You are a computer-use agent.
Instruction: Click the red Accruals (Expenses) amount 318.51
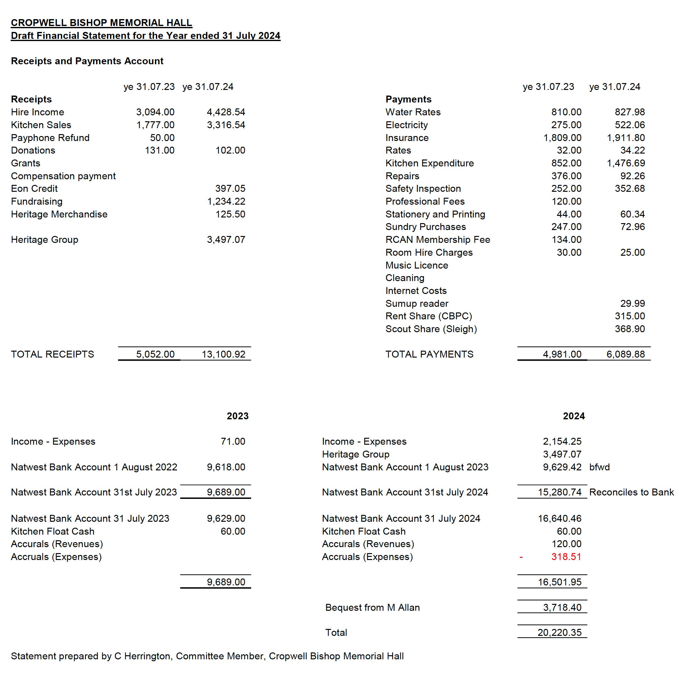click(x=566, y=557)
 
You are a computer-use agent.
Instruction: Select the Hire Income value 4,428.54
click(x=226, y=112)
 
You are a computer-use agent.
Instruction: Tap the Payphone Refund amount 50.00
click(x=162, y=138)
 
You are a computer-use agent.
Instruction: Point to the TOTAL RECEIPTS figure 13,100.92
click(x=223, y=354)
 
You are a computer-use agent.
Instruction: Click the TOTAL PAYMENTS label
click(x=429, y=354)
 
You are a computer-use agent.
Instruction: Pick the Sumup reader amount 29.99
click(x=633, y=303)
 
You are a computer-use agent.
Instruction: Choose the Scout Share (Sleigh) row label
click(x=431, y=329)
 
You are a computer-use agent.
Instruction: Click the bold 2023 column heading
click(x=237, y=416)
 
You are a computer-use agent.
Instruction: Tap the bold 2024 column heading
click(x=574, y=416)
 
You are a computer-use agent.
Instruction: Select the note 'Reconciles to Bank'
click(x=631, y=492)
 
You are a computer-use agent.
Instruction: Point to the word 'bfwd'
click(x=599, y=467)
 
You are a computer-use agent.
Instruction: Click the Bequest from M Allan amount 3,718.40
click(x=562, y=607)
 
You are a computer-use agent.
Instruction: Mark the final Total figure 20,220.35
click(x=560, y=632)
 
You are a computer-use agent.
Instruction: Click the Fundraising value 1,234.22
click(x=226, y=201)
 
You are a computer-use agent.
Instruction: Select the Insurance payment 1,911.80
click(x=626, y=138)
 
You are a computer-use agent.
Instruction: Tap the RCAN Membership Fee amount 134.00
click(x=566, y=239)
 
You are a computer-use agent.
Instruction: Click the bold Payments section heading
click(x=408, y=99)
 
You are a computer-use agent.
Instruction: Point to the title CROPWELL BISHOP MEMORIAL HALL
click(x=101, y=23)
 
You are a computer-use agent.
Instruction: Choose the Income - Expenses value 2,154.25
click(x=562, y=441)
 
